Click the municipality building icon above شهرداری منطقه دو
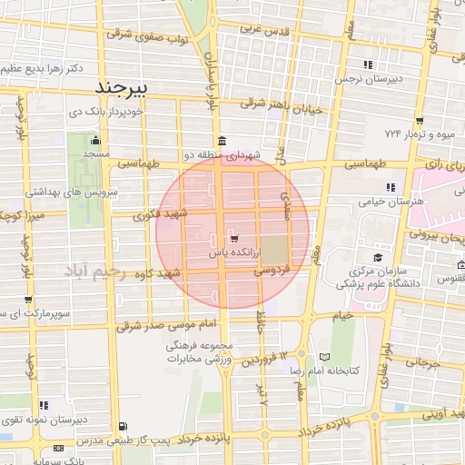tap(223, 141)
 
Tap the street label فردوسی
tap(271, 270)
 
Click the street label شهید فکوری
tap(158, 214)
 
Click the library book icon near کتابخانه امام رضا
tap(325, 357)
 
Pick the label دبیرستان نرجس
tap(368, 80)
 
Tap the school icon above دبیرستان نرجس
tap(368, 64)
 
